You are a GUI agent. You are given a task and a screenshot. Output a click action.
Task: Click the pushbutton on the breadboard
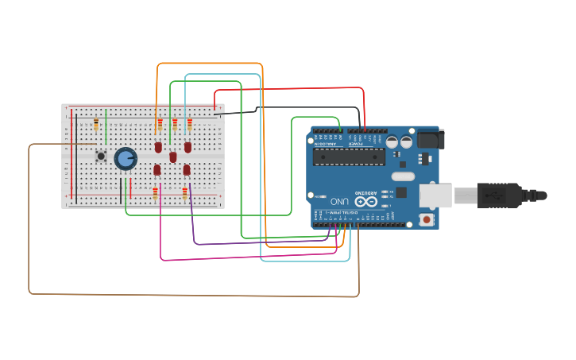point(101,156)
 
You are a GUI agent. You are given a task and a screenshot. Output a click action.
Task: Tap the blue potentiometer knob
point(125,158)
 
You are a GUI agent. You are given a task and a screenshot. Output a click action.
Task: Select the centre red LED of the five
point(172,157)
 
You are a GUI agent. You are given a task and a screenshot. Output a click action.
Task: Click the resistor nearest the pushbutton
point(96,124)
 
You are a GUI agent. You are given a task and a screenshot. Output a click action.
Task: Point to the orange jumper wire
point(211,64)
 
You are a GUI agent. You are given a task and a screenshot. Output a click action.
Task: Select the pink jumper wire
point(238,258)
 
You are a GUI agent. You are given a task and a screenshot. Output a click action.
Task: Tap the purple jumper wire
point(254,242)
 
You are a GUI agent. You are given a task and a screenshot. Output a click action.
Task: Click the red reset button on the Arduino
point(427,219)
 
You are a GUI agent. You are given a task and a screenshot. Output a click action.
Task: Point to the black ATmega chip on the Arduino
point(349,156)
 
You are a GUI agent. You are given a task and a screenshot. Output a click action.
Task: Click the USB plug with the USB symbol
point(497,194)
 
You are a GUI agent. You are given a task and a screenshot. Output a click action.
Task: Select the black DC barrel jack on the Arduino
point(430,139)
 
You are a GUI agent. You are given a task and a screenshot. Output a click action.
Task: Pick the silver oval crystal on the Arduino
point(403,176)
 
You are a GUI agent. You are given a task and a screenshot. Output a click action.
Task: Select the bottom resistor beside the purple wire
point(185,193)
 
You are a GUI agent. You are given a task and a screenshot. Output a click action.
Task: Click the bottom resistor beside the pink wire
point(155,194)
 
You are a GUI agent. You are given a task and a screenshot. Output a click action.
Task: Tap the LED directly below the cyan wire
point(187,147)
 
